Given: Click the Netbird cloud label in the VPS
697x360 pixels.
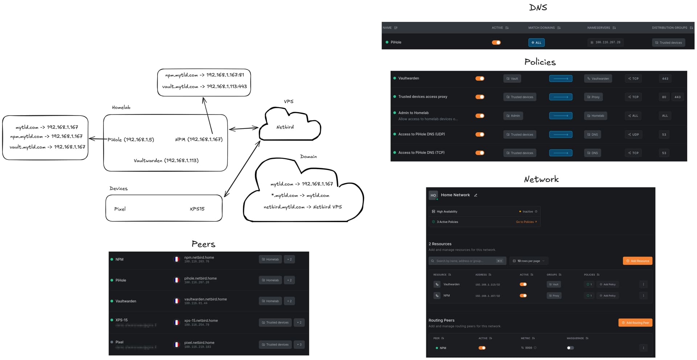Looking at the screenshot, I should tap(285, 127).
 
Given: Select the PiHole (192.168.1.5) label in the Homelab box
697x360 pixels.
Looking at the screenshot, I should tap(131, 139).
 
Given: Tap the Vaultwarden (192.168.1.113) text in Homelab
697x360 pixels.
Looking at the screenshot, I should tap(166, 161).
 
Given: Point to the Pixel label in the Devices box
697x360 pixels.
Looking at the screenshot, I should tap(120, 209).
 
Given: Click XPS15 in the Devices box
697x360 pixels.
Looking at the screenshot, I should tap(197, 209).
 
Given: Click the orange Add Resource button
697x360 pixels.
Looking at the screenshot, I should tap(637, 261).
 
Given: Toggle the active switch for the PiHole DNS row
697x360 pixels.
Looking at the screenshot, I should tap(496, 43).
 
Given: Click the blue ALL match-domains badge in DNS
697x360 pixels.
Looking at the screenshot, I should tap(536, 43).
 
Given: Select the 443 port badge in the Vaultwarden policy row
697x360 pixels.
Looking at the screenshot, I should tap(665, 78).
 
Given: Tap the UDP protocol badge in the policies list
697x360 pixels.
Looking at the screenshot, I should tap(633, 134).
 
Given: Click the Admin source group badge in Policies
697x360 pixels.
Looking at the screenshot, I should tap(513, 116).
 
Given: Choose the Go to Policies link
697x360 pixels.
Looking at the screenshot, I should tap(526, 222).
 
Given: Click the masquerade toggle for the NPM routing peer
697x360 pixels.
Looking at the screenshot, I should tap(570, 348).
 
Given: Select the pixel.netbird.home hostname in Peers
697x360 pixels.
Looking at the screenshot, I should tap(199, 343).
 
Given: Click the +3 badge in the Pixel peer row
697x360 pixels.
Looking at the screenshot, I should tap(299, 345).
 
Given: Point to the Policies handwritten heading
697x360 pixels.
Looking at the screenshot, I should tap(540, 62).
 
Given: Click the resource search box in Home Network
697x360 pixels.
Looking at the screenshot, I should tap(466, 261).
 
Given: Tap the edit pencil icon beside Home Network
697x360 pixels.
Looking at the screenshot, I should tap(476, 195).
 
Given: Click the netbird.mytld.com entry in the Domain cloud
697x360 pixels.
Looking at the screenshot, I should tap(284, 207).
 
